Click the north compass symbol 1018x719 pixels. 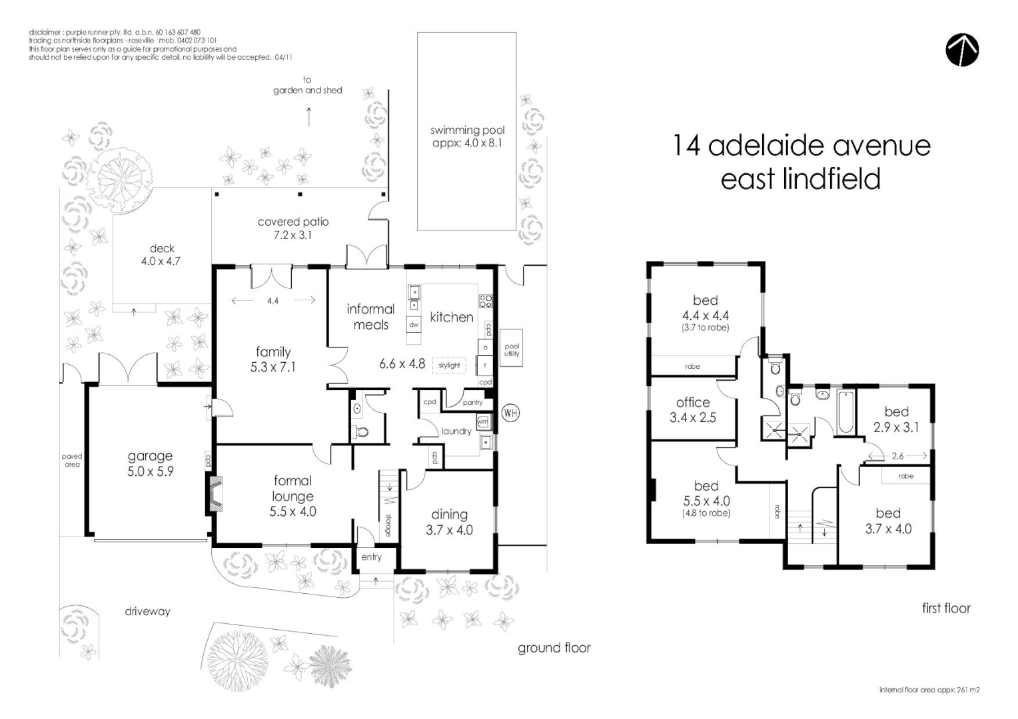pyautogui.click(x=962, y=50)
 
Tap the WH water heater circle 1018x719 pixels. pyautogui.click(x=510, y=413)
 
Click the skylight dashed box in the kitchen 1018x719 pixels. pyautogui.click(x=449, y=365)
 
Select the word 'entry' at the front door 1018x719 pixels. pyautogui.click(x=371, y=557)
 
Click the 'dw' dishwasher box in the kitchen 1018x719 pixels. pyautogui.click(x=414, y=325)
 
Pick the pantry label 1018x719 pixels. pyautogui.click(x=472, y=402)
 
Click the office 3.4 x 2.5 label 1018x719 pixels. pyautogui.click(x=693, y=410)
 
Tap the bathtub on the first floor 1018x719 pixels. pyautogui.click(x=845, y=413)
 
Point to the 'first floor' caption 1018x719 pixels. pyautogui.click(x=946, y=608)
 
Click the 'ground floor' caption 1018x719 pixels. pyautogui.click(x=554, y=648)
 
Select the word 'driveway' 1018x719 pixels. pyautogui.click(x=147, y=611)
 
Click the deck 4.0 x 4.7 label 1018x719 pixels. pyautogui.click(x=161, y=255)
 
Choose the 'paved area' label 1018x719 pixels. pyautogui.click(x=72, y=460)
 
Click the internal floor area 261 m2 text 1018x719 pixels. pyautogui.click(x=929, y=690)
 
